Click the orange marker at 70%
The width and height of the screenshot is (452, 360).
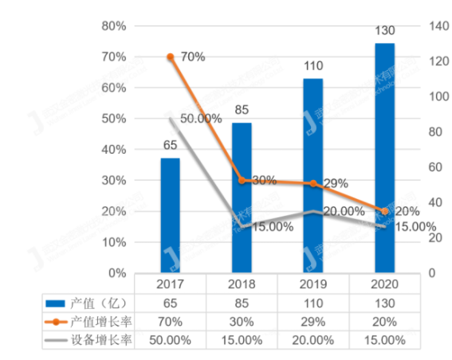pos(171,57)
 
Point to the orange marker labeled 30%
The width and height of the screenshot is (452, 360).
pos(242,181)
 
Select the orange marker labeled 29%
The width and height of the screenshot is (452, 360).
pos(313,184)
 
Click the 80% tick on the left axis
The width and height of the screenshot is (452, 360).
pos(112,26)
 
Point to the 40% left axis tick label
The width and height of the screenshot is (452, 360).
pos(112,150)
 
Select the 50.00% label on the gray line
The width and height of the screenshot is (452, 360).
pos(200,118)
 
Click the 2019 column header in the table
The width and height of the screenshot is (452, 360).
pos(312,284)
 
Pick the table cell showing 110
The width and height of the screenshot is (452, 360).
pos(312,303)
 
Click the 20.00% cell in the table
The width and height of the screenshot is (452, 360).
pos(312,340)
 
